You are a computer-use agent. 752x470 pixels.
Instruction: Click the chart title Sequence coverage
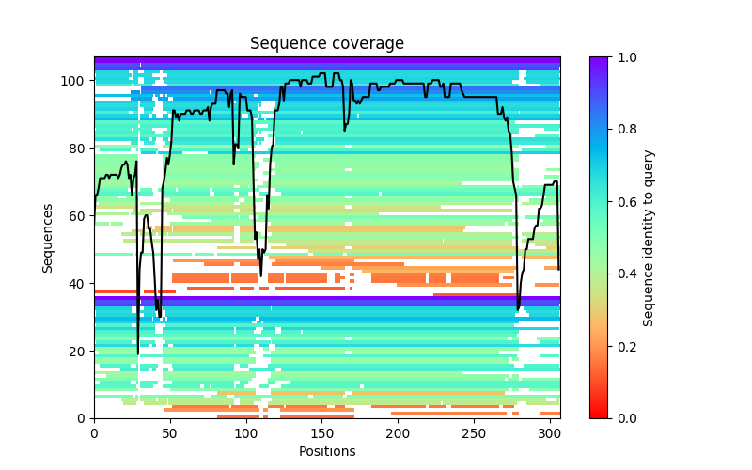(327, 44)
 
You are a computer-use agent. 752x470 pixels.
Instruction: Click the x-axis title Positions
(327, 451)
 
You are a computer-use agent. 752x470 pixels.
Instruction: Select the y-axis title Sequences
(48, 238)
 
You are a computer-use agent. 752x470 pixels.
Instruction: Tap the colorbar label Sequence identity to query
(649, 238)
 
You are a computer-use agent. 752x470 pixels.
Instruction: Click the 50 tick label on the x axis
(170, 432)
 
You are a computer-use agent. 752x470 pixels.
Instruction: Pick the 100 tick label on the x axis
(246, 432)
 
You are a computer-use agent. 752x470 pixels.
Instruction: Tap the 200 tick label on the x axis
(398, 432)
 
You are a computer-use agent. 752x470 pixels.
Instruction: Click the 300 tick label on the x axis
(550, 432)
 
